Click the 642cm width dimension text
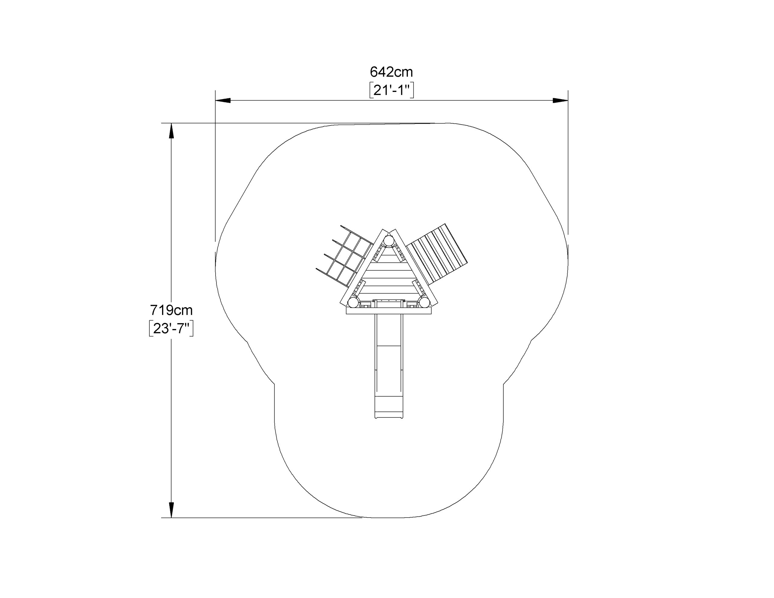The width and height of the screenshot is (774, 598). click(x=391, y=72)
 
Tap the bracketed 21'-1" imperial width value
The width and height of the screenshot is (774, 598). click(x=391, y=91)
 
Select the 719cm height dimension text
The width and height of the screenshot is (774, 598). click(x=171, y=310)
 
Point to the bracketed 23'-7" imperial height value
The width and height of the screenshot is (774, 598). click(x=171, y=329)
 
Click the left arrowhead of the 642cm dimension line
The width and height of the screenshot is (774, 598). click(x=223, y=100)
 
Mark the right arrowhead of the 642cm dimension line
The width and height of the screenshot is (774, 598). click(x=560, y=100)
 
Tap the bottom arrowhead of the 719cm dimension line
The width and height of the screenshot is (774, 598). click(x=171, y=510)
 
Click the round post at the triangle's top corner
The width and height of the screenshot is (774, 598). click(x=389, y=241)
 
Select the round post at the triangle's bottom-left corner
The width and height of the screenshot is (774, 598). click(x=353, y=302)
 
